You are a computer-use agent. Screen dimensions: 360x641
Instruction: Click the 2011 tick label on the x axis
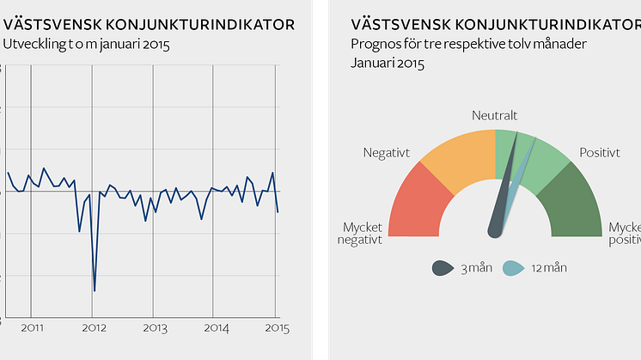coord(32,328)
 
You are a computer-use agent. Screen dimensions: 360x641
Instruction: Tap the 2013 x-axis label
coord(155,328)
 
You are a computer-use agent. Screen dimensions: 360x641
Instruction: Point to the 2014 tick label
coord(216,328)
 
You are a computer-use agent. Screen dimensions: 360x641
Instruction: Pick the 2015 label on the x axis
coord(275,328)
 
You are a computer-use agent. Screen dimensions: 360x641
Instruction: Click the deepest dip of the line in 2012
coord(94,290)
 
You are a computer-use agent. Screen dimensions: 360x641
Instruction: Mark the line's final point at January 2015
coord(278,211)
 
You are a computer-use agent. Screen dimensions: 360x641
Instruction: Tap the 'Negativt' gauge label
coord(387,153)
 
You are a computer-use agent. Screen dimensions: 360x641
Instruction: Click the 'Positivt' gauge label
coord(600,153)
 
